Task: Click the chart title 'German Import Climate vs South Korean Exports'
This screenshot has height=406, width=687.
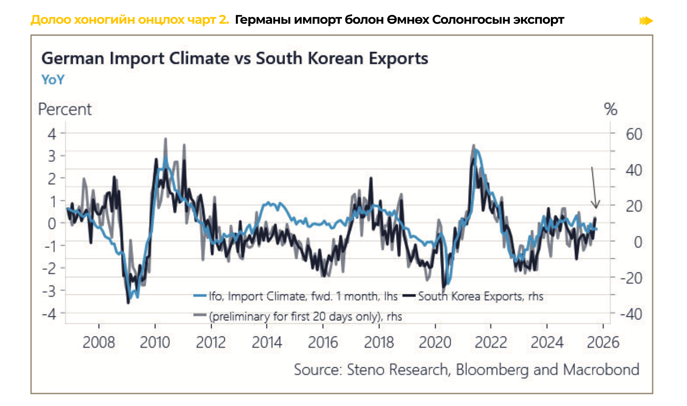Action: pyautogui.click(x=235, y=59)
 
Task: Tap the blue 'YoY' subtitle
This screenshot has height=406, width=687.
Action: pyautogui.click(x=53, y=80)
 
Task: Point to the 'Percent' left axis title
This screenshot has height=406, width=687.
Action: pyautogui.click(x=65, y=109)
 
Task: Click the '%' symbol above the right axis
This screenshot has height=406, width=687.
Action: pyautogui.click(x=610, y=109)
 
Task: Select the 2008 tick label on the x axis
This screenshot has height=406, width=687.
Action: pyautogui.click(x=99, y=342)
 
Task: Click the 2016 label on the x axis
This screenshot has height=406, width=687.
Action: pyautogui.click(x=323, y=342)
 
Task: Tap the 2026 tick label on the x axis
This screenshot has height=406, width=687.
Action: pyautogui.click(x=603, y=342)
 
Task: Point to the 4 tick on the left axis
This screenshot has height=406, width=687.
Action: pyautogui.click(x=52, y=134)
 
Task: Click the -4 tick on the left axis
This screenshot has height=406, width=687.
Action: pyautogui.click(x=49, y=314)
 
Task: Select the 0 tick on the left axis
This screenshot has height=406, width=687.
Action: pyautogui.click(x=52, y=224)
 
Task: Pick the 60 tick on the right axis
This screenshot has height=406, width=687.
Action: pyautogui.click(x=634, y=134)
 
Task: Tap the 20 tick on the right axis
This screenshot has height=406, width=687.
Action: pyautogui.click(x=634, y=206)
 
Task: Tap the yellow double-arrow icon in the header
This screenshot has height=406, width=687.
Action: pyautogui.click(x=646, y=21)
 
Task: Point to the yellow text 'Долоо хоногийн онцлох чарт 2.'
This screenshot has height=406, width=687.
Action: pyautogui.click(x=130, y=20)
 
